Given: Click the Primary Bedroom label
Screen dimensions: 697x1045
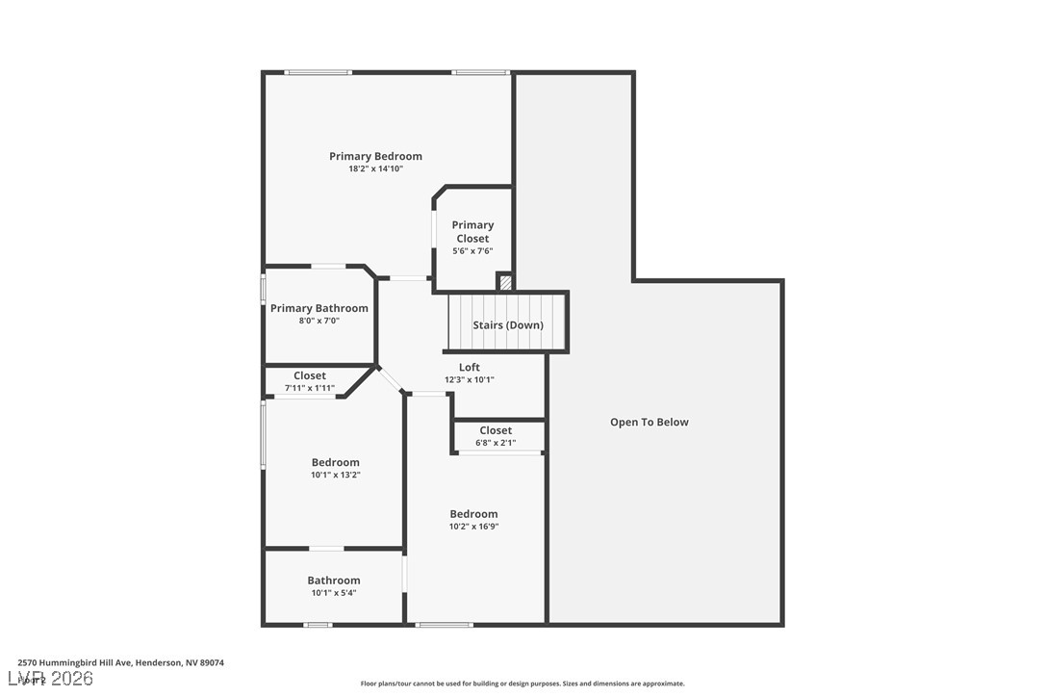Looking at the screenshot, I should pos(375,156).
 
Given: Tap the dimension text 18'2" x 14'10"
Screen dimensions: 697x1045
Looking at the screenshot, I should pos(375,168).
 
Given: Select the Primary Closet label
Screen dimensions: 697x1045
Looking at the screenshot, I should pos(472,231).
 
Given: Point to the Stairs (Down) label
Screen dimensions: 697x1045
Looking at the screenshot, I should pos(508,325).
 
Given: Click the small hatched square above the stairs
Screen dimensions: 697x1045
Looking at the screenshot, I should pos(505,283).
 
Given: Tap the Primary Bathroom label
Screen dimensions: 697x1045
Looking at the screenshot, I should pos(319,308).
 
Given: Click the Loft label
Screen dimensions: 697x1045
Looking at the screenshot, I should pos(469,367).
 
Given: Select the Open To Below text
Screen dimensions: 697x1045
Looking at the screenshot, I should pos(649,422).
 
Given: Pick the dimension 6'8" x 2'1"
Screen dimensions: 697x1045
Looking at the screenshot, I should pos(496,443).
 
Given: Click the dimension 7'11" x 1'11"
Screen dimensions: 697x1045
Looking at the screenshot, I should pos(309,388).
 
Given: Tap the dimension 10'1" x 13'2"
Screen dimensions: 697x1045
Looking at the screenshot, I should pos(335,475).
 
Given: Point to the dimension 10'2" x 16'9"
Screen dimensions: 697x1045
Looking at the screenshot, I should pos(473,527).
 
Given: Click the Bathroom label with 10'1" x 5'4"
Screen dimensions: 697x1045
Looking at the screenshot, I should pos(334,581).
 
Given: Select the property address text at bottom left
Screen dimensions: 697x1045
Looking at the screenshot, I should pos(120,662).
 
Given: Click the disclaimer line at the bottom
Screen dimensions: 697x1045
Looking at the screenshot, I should pos(522,684).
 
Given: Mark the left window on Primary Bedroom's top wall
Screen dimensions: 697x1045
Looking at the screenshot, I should pos(319,72).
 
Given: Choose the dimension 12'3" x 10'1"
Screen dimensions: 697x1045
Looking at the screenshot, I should pos(469,379).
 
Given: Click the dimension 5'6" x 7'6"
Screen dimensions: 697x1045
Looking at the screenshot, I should pos(472,251).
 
